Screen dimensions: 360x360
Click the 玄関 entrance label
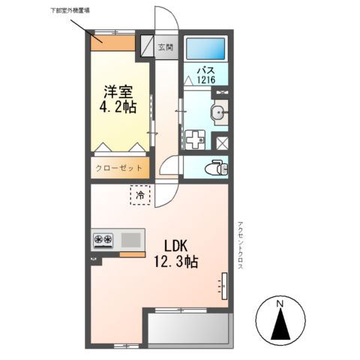[x=165, y=47]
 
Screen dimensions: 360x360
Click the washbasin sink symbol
[x=218, y=115]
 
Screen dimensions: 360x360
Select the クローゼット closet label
[x=118, y=168]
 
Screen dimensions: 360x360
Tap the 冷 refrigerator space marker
[x=140, y=195]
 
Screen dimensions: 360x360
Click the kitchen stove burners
[x=103, y=240]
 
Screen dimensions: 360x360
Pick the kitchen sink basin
[x=130, y=240]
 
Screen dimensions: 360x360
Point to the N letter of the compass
[x=279, y=303]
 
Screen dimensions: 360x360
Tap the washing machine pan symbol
[x=195, y=139]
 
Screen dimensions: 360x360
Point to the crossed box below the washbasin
[x=221, y=140]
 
